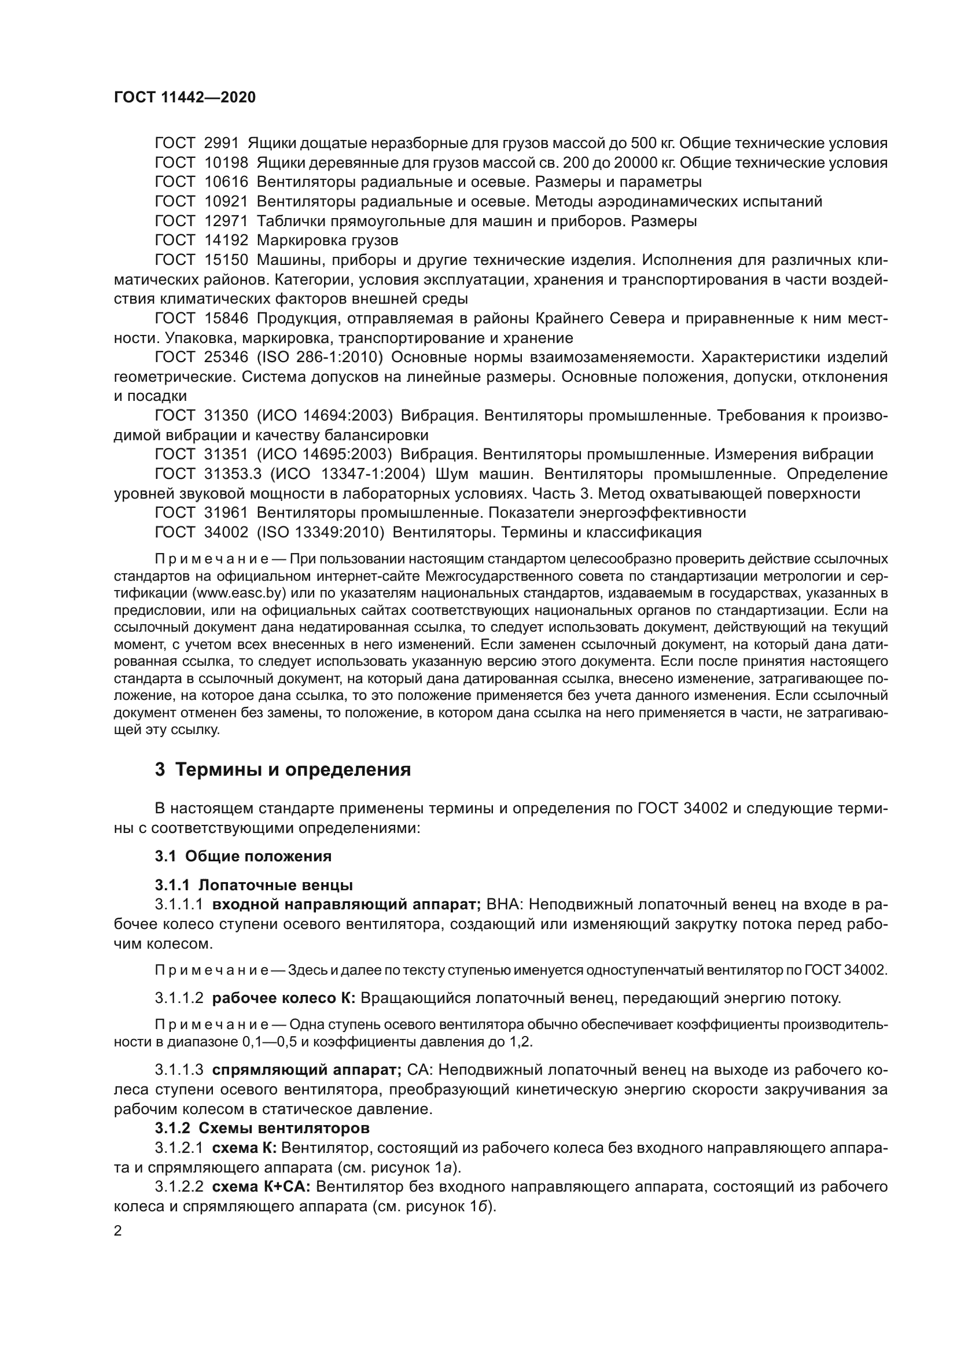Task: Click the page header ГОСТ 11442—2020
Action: click(x=185, y=98)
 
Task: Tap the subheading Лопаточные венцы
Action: click(x=276, y=885)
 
